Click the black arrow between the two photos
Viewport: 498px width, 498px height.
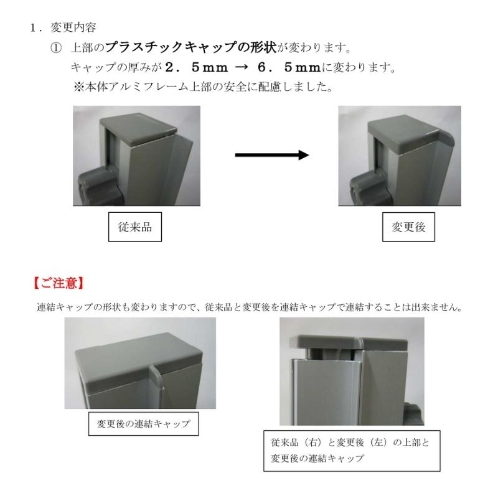[x=272, y=155]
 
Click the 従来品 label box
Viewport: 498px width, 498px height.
[x=135, y=227]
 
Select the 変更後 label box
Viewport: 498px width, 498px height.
[x=408, y=227]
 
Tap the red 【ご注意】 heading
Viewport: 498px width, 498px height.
[x=59, y=283]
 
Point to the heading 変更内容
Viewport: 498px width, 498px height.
[x=73, y=27]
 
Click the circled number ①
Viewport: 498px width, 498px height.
[x=56, y=48]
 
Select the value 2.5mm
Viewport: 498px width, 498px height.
[x=197, y=67]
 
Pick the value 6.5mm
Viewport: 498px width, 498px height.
[x=289, y=67]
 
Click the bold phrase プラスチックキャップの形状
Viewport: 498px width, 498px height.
[x=191, y=47]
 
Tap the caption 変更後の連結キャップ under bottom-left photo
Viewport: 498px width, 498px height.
[x=144, y=424]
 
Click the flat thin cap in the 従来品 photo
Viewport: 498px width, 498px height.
[x=138, y=129]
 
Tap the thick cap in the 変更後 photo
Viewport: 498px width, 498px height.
[x=410, y=135]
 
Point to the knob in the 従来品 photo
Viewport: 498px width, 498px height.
[x=98, y=188]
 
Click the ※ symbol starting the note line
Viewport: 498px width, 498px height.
[x=79, y=87]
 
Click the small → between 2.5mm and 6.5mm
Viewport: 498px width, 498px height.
[x=241, y=67]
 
